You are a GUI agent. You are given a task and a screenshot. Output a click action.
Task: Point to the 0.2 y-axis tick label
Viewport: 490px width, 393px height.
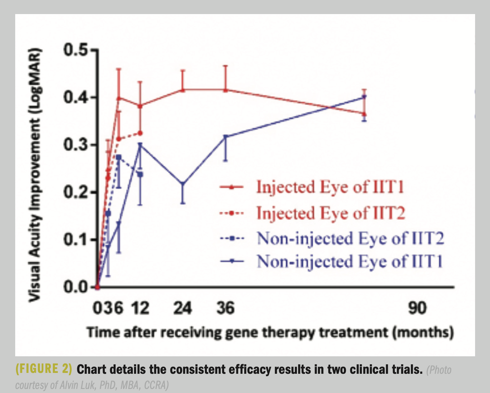[x=75, y=192]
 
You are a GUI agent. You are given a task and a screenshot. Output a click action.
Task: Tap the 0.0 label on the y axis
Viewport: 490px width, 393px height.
[x=75, y=287]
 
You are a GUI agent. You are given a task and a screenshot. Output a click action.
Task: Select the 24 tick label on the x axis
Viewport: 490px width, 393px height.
[x=183, y=308]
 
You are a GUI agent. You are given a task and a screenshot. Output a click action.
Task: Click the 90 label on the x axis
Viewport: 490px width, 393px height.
[x=417, y=308]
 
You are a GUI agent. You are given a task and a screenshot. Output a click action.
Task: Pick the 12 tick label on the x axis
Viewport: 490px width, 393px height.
[x=140, y=308]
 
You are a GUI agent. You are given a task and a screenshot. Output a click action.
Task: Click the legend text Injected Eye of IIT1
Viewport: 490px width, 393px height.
[x=330, y=187]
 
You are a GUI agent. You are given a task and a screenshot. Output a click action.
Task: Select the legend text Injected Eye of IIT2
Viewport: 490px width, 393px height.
[x=330, y=213]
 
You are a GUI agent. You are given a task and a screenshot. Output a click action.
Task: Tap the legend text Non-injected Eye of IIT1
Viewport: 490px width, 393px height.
[x=350, y=262]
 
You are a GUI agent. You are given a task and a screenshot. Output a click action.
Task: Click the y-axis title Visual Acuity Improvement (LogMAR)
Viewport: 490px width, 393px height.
[x=35, y=175]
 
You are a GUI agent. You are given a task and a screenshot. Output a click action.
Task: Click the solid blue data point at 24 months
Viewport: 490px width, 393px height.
[x=183, y=184]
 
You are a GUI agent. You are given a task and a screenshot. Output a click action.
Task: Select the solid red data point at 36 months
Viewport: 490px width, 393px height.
[x=225, y=90]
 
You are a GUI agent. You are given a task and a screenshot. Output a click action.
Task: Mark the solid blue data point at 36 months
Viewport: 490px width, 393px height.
[x=225, y=137]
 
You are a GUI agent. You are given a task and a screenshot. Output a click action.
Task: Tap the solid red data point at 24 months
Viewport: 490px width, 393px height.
[x=183, y=90]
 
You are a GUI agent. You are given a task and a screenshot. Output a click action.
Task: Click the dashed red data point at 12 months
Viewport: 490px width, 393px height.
[x=140, y=133]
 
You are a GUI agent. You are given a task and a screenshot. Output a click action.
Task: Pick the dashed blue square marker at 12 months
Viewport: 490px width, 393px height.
[x=140, y=174]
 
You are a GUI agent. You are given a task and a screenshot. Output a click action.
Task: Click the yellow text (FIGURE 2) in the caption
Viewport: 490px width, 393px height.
[x=44, y=369]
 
